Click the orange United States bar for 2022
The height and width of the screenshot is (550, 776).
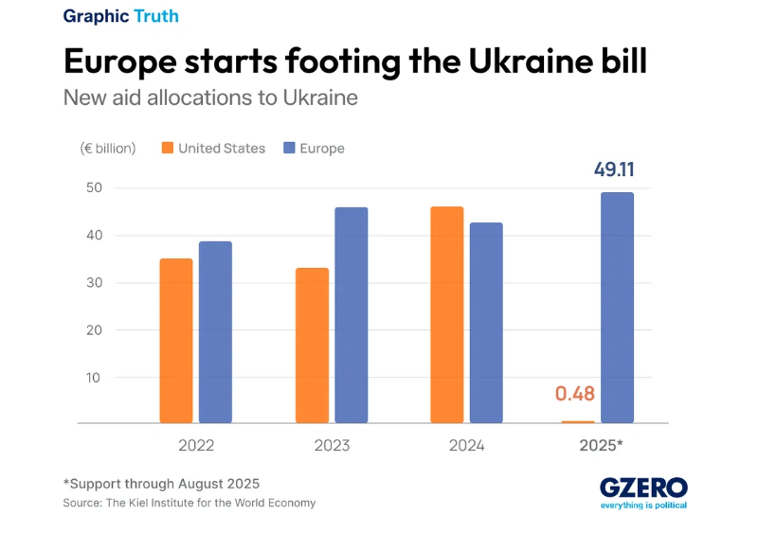pyautogui.click(x=176, y=341)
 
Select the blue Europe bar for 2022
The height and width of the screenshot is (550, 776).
pyautogui.click(x=216, y=332)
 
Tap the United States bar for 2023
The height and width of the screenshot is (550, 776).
pyautogui.click(x=312, y=346)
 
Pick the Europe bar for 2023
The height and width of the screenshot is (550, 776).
pyautogui.click(x=352, y=315)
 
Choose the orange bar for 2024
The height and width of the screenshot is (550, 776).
pyautogui.click(x=447, y=315)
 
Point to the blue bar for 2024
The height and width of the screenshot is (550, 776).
pyautogui.click(x=486, y=323)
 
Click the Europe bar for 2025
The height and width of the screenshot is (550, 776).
pyautogui.click(x=617, y=308)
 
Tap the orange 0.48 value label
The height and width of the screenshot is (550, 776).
pyautogui.click(x=575, y=394)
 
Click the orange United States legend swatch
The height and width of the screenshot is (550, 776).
pyautogui.click(x=168, y=149)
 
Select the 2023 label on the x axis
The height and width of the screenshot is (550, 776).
pyautogui.click(x=331, y=445)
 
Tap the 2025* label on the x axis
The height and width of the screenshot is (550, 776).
pyautogui.click(x=601, y=445)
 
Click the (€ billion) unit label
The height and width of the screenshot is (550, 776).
pyautogui.click(x=108, y=149)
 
